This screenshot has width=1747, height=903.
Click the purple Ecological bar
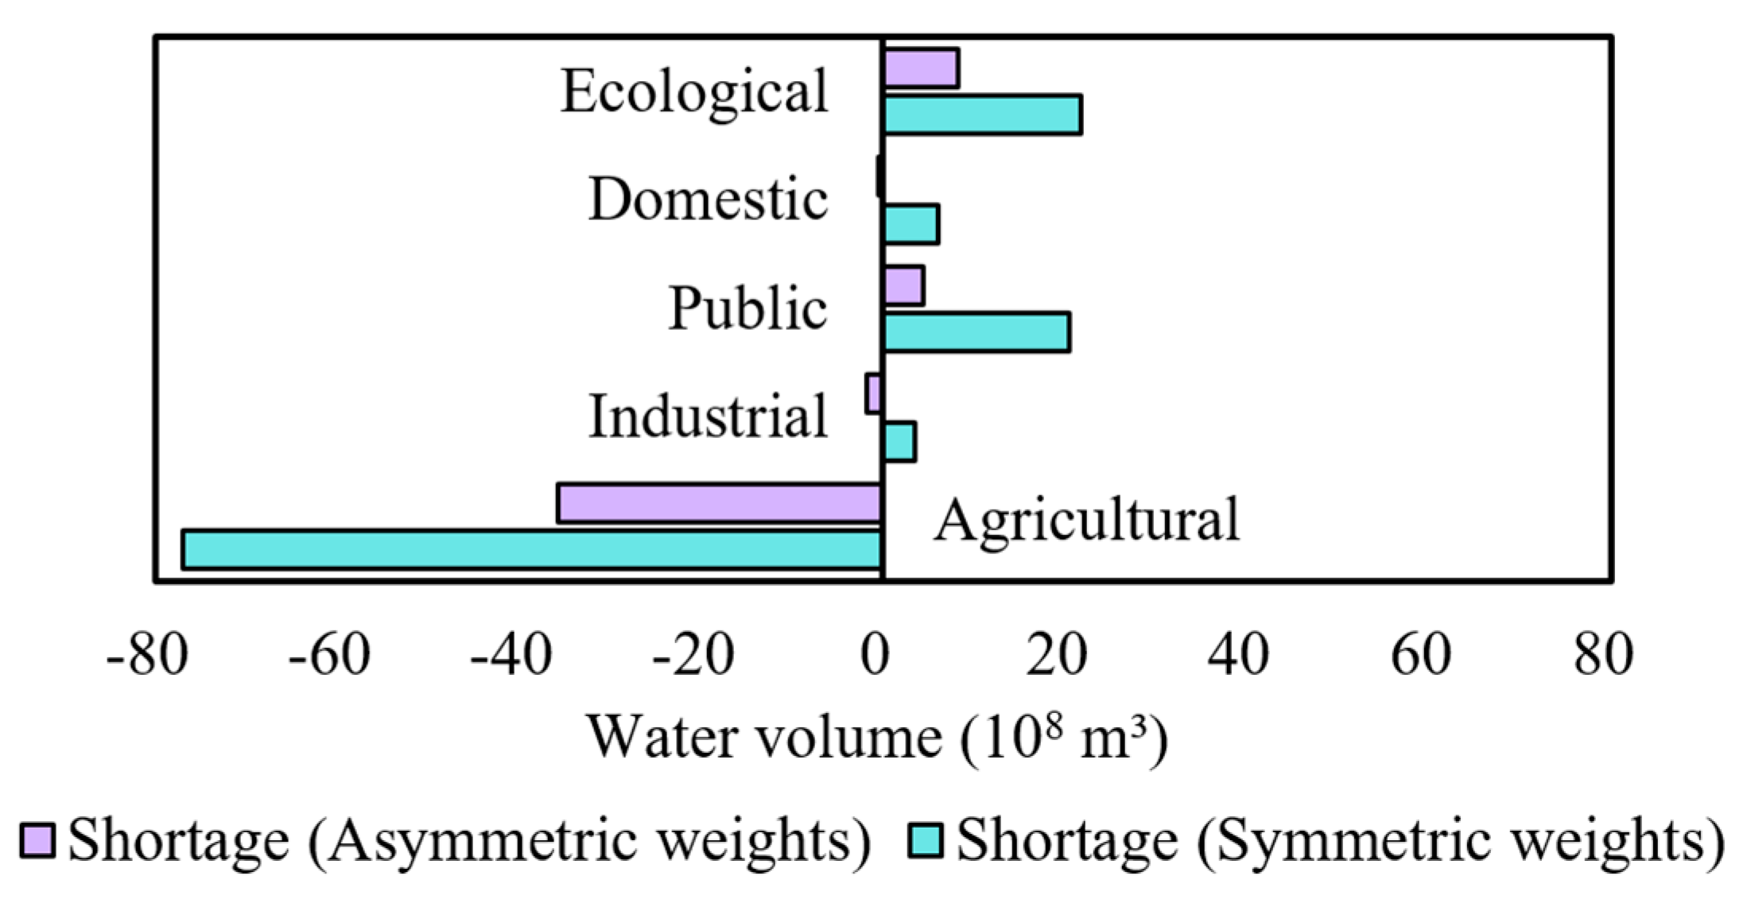click(921, 68)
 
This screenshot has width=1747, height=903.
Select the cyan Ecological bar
click(982, 114)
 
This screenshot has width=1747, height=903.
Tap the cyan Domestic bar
click(910, 224)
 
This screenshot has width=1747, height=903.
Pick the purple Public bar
click(903, 285)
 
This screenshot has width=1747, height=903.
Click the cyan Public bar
click(976, 332)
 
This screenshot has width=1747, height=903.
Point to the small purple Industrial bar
click(873, 393)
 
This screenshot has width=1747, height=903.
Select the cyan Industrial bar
click(899, 442)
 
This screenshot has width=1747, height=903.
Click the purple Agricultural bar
click(720, 502)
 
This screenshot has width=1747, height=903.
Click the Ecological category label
click(694, 92)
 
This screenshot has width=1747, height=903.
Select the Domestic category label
click(708, 200)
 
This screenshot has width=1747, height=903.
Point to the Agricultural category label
click(1086, 521)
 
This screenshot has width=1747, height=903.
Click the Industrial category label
click(708, 417)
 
